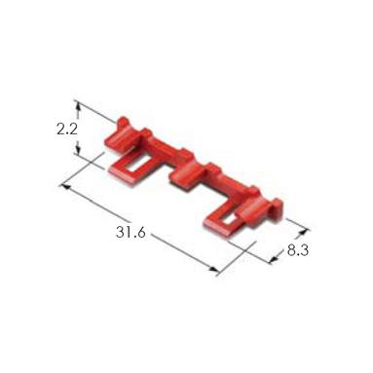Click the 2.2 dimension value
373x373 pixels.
click(67, 130)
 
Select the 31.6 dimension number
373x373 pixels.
click(131, 233)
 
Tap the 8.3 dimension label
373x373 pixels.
click(298, 250)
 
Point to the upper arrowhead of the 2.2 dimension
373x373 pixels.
click(77, 104)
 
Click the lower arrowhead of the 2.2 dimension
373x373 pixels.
click(78, 150)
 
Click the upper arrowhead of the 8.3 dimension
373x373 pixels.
click(303, 232)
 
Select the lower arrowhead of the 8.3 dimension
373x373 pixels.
click(274, 258)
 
